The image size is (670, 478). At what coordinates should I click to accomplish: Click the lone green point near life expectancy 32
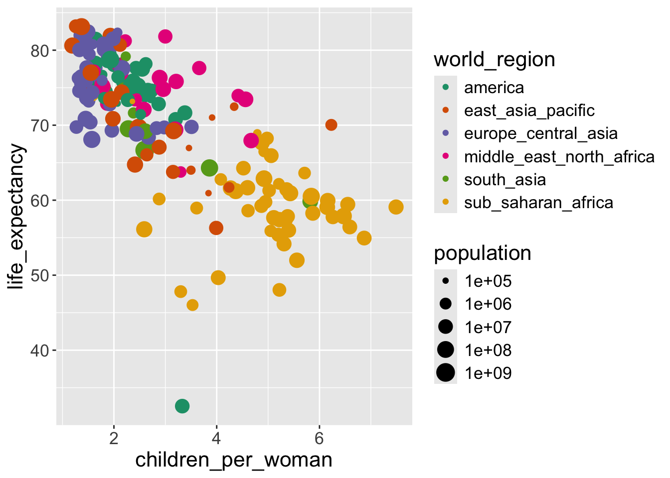(x=182, y=406)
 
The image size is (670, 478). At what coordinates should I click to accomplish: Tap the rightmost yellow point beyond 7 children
(x=396, y=207)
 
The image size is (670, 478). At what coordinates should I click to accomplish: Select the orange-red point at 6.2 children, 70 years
(x=331, y=125)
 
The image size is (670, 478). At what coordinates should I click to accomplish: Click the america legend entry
(x=494, y=88)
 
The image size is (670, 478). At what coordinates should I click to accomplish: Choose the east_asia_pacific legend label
(x=529, y=111)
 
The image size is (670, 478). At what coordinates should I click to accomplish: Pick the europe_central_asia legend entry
(x=540, y=133)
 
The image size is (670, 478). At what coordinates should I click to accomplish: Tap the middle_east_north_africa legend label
(x=559, y=157)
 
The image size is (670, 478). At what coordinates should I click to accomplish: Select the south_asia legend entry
(x=504, y=180)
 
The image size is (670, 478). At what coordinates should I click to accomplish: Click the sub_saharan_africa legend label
(x=538, y=203)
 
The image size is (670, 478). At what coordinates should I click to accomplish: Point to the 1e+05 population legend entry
(x=488, y=281)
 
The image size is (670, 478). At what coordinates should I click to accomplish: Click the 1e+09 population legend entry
(x=488, y=373)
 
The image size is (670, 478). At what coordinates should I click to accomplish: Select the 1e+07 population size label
(x=488, y=327)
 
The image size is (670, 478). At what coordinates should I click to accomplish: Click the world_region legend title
(x=494, y=60)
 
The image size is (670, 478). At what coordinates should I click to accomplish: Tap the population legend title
(x=482, y=253)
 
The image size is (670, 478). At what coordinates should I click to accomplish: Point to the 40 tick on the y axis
(x=39, y=351)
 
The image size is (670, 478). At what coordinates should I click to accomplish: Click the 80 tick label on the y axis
(x=39, y=51)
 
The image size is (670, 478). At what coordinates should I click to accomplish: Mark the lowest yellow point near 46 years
(x=192, y=305)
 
